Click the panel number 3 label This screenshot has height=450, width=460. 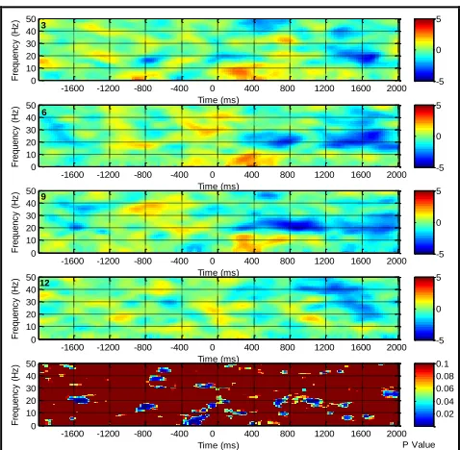(x=43, y=25)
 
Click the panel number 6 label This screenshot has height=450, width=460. (x=44, y=112)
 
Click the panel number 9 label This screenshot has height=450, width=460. (x=43, y=197)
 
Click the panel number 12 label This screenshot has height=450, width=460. (x=45, y=283)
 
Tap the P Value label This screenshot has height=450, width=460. (x=419, y=445)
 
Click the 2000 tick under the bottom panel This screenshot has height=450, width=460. (x=396, y=434)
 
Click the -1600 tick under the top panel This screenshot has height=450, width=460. (x=72, y=88)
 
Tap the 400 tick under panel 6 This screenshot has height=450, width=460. (x=251, y=175)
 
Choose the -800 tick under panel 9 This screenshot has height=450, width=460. (x=142, y=261)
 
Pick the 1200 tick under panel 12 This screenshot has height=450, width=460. (x=324, y=347)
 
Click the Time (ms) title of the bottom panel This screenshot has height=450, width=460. (x=218, y=445)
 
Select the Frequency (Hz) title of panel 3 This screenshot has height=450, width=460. (x=15, y=50)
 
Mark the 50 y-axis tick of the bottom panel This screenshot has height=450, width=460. (x=31, y=363)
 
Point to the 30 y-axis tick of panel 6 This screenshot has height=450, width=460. (x=31, y=130)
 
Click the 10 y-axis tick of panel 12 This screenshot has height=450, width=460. (x=31, y=327)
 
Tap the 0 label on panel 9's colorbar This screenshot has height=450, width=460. (x=439, y=222)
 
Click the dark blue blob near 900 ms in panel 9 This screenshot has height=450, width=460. (x=296, y=225)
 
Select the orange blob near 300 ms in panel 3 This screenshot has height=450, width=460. (x=239, y=72)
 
